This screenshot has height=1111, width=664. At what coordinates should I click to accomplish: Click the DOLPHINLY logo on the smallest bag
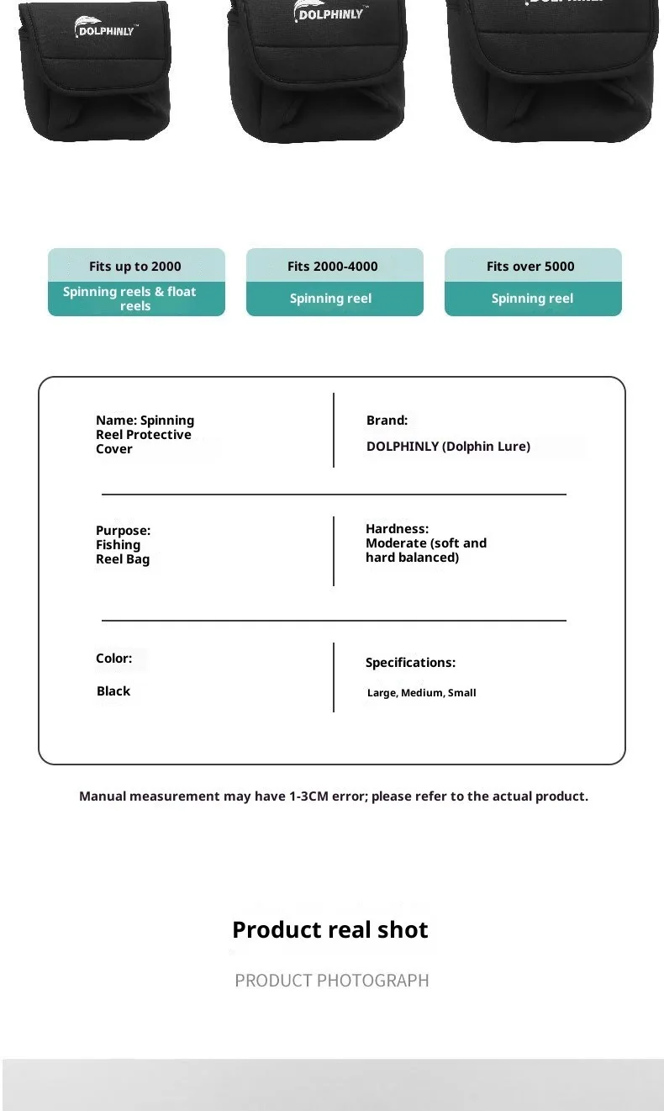[x=105, y=28]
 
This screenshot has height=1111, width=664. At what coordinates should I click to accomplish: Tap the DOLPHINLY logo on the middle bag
[x=329, y=12]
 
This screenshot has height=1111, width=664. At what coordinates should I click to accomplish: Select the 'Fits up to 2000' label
[x=135, y=267]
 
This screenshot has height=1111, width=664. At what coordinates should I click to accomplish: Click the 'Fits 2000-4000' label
[x=333, y=267]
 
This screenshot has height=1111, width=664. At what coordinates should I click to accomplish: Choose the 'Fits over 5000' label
[x=530, y=267]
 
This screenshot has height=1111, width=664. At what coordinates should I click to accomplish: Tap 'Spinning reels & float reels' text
[x=129, y=299]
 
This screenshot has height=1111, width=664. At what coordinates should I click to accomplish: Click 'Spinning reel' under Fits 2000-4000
[x=330, y=299]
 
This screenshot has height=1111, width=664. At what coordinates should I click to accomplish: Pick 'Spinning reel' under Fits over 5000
[x=532, y=299]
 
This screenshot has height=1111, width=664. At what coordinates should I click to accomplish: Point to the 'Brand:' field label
[x=387, y=421]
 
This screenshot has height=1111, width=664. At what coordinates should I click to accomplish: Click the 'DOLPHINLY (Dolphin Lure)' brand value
[x=448, y=447]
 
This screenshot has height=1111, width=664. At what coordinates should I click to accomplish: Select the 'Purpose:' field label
[x=123, y=531]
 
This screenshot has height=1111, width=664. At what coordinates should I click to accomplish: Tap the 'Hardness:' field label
[x=397, y=529]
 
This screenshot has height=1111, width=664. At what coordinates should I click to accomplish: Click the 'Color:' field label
[x=113, y=659]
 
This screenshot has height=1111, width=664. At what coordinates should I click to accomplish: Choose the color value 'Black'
[x=113, y=691]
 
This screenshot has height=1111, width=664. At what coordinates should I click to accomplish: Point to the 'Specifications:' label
[x=410, y=663]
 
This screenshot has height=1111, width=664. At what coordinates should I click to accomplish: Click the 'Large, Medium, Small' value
[x=421, y=693]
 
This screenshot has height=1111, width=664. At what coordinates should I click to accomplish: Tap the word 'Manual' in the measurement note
[x=106, y=796]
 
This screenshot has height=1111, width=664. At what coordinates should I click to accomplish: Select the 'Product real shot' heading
[x=330, y=930]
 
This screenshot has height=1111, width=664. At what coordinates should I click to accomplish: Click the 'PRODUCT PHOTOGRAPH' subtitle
[x=332, y=981]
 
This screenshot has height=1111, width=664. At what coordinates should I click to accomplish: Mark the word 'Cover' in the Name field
[x=114, y=449]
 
